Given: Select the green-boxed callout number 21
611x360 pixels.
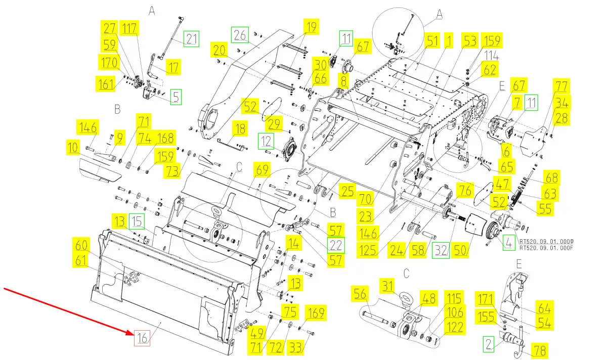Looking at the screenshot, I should [x=191, y=38].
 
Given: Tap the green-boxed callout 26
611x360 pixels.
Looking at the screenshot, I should [x=240, y=35].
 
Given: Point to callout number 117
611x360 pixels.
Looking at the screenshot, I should [x=130, y=28].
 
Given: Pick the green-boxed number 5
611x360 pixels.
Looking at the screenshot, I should [x=175, y=97].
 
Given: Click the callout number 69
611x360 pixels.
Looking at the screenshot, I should [x=262, y=170].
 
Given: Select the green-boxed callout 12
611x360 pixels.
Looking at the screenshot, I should [x=268, y=141].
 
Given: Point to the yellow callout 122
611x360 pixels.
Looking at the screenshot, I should [x=455, y=327].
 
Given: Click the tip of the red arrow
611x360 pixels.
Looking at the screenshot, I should [x=134, y=333].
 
